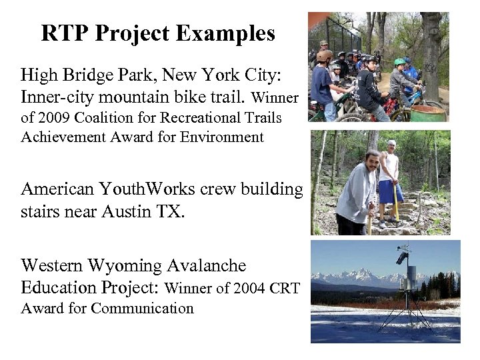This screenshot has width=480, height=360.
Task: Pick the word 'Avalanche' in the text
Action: (205, 266)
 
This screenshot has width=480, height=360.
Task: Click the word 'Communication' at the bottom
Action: (142, 308)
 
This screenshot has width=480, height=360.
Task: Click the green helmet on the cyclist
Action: (399, 62)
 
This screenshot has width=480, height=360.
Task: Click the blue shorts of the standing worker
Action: (389, 191)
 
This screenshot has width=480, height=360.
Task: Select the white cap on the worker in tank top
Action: (391, 143)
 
